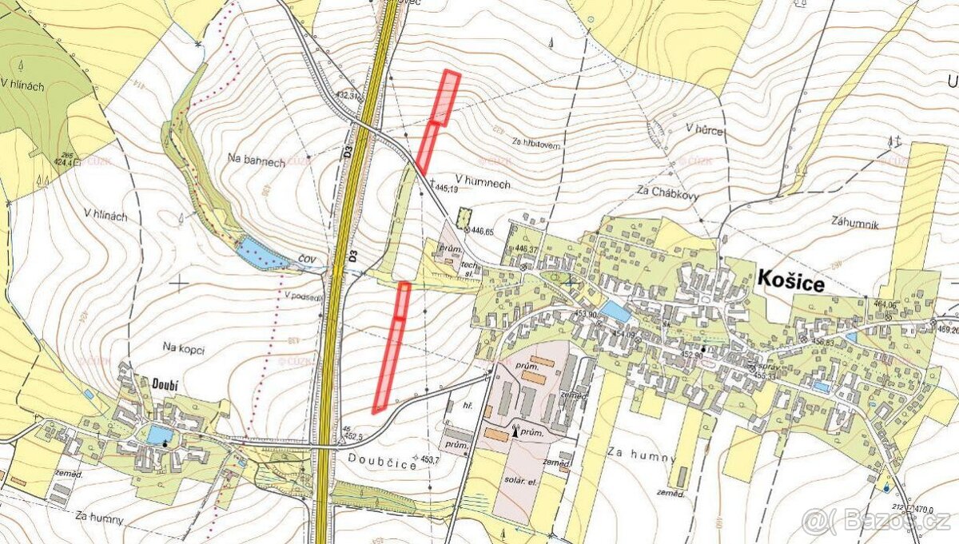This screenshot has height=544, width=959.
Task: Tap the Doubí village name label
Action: [162, 384]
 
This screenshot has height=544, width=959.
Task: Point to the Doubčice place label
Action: [382, 461]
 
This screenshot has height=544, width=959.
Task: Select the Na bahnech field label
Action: [256, 161]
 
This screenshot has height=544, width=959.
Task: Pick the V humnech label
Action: [482, 184]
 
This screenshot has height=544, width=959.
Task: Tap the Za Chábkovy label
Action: [665, 190]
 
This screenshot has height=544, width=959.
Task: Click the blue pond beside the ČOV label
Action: [260, 253]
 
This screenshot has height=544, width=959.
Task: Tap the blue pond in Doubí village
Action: [159, 435]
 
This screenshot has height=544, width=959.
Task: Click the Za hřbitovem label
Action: [537, 147]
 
